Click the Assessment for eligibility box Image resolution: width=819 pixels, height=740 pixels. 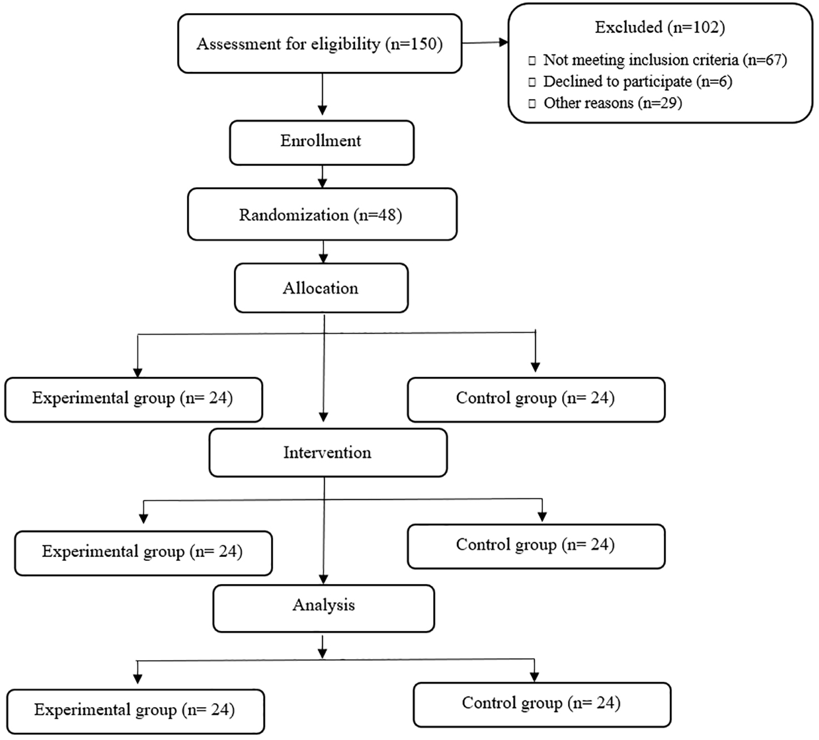[320, 44]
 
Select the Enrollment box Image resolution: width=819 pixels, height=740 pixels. [322, 142]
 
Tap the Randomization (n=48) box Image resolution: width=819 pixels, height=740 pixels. [322, 214]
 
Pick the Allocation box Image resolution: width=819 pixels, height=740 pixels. [321, 288]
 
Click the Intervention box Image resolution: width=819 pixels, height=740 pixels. [328, 453]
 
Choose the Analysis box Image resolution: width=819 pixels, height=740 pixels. [324, 609]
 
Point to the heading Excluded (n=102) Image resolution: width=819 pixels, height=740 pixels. [660, 27]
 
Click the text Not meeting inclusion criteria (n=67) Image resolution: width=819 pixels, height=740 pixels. [665, 60]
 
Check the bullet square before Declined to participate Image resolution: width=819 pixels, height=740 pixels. [532, 83]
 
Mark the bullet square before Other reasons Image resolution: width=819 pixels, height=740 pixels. [532, 104]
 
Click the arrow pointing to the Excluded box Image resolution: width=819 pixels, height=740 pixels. [485, 43]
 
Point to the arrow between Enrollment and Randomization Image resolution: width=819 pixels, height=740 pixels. [322, 176]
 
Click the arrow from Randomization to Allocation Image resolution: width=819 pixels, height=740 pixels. [324, 252]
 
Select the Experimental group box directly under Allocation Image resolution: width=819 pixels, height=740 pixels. [134, 400]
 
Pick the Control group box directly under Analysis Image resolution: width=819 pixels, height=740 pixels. [542, 705]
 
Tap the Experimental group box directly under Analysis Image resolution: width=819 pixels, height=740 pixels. [135, 712]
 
